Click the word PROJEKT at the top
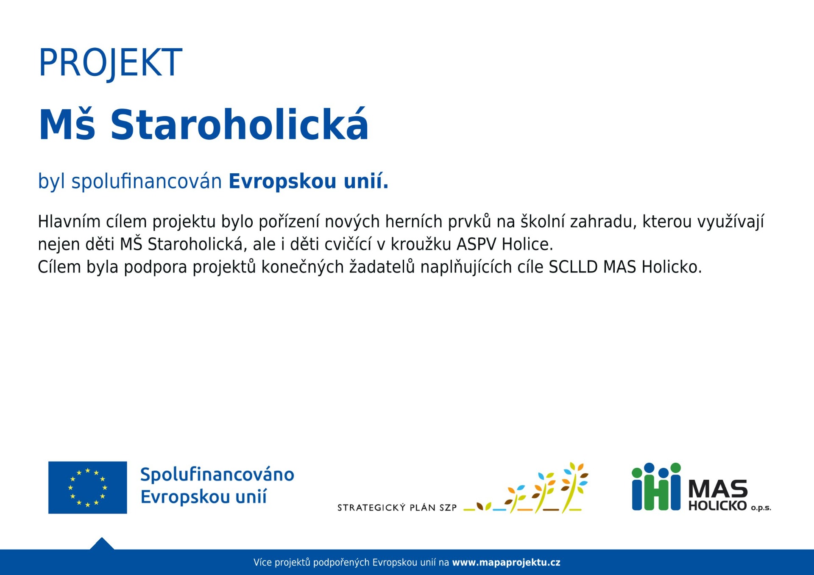(110, 63)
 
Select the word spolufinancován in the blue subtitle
(147, 181)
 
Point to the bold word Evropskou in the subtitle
(283, 181)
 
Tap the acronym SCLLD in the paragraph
(573, 267)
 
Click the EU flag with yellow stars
(88, 487)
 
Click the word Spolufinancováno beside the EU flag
(217, 475)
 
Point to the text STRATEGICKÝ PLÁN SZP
(397, 508)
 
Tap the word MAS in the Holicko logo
(718, 489)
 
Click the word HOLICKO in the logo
(717, 506)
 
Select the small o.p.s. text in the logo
(761, 508)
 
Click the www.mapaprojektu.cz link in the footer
(506, 562)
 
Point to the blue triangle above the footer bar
(102, 544)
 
